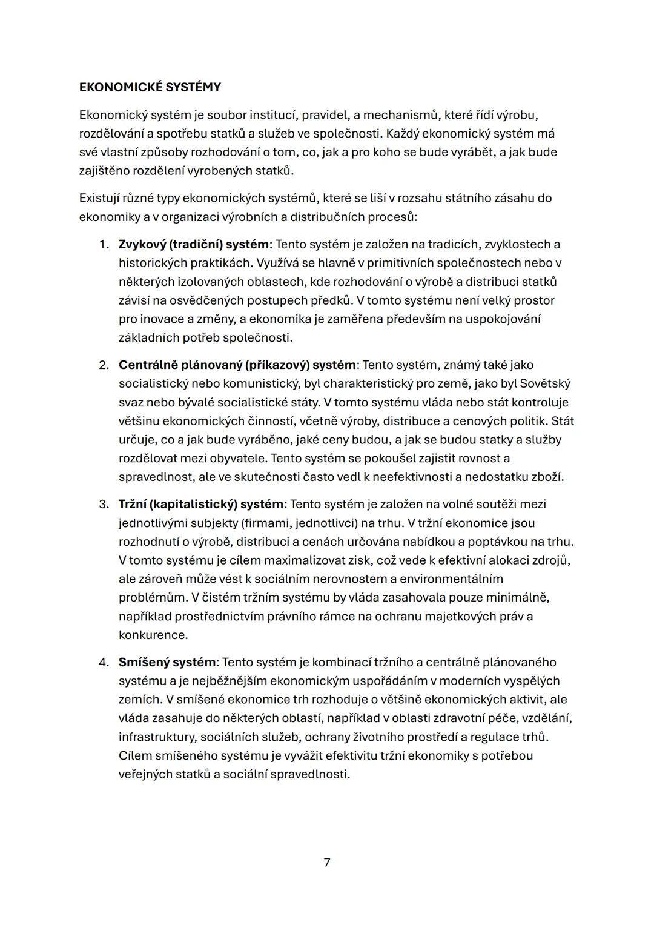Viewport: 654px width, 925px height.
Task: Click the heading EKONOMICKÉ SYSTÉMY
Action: tap(150, 87)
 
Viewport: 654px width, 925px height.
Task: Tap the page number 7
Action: tap(327, 862)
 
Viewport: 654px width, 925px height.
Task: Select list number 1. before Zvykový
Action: tap(104, 245)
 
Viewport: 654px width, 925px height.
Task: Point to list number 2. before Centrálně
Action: tap(104, 365)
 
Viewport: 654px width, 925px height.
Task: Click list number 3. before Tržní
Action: tap(104, 504)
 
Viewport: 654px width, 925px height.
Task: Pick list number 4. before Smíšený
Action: tap(104, 662)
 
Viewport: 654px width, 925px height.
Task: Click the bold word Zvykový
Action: tap(142, 245)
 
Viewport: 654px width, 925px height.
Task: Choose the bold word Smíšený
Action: tap(143, 662)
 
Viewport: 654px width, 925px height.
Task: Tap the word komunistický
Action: tap(260, 384)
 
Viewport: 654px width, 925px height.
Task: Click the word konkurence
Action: tap(153, 635)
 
